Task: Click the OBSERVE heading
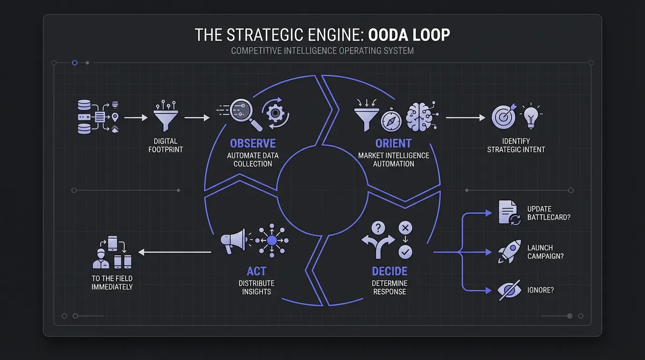coord(253,143)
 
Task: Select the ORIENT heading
coord(394,143)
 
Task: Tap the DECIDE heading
coord(390,271)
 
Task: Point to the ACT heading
coord(256,271)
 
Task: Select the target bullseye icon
coord(504,116)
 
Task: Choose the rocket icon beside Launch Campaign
coord(510,252)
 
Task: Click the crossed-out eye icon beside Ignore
coord(509,291)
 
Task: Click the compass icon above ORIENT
coord(390,121)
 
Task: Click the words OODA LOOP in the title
coord(409,35)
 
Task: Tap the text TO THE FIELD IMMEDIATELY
coord(112,283)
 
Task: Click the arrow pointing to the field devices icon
coord(174,252)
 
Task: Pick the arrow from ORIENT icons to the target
coord(465,118)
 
